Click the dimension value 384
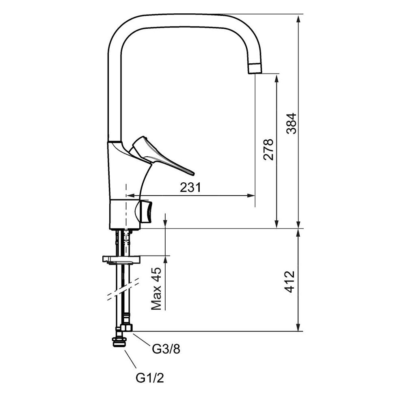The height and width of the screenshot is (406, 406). pos(292,123)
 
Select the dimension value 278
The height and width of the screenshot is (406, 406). pos(268,150)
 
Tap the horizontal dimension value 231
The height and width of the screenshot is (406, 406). pos(190,188)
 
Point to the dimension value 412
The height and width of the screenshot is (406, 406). pos(289,282)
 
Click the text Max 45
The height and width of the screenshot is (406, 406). pos(156,289)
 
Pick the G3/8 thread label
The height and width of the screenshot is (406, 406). pos(166,349)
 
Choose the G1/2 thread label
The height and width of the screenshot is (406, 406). pos(150,378)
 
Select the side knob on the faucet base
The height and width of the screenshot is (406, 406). pos(144,212)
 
